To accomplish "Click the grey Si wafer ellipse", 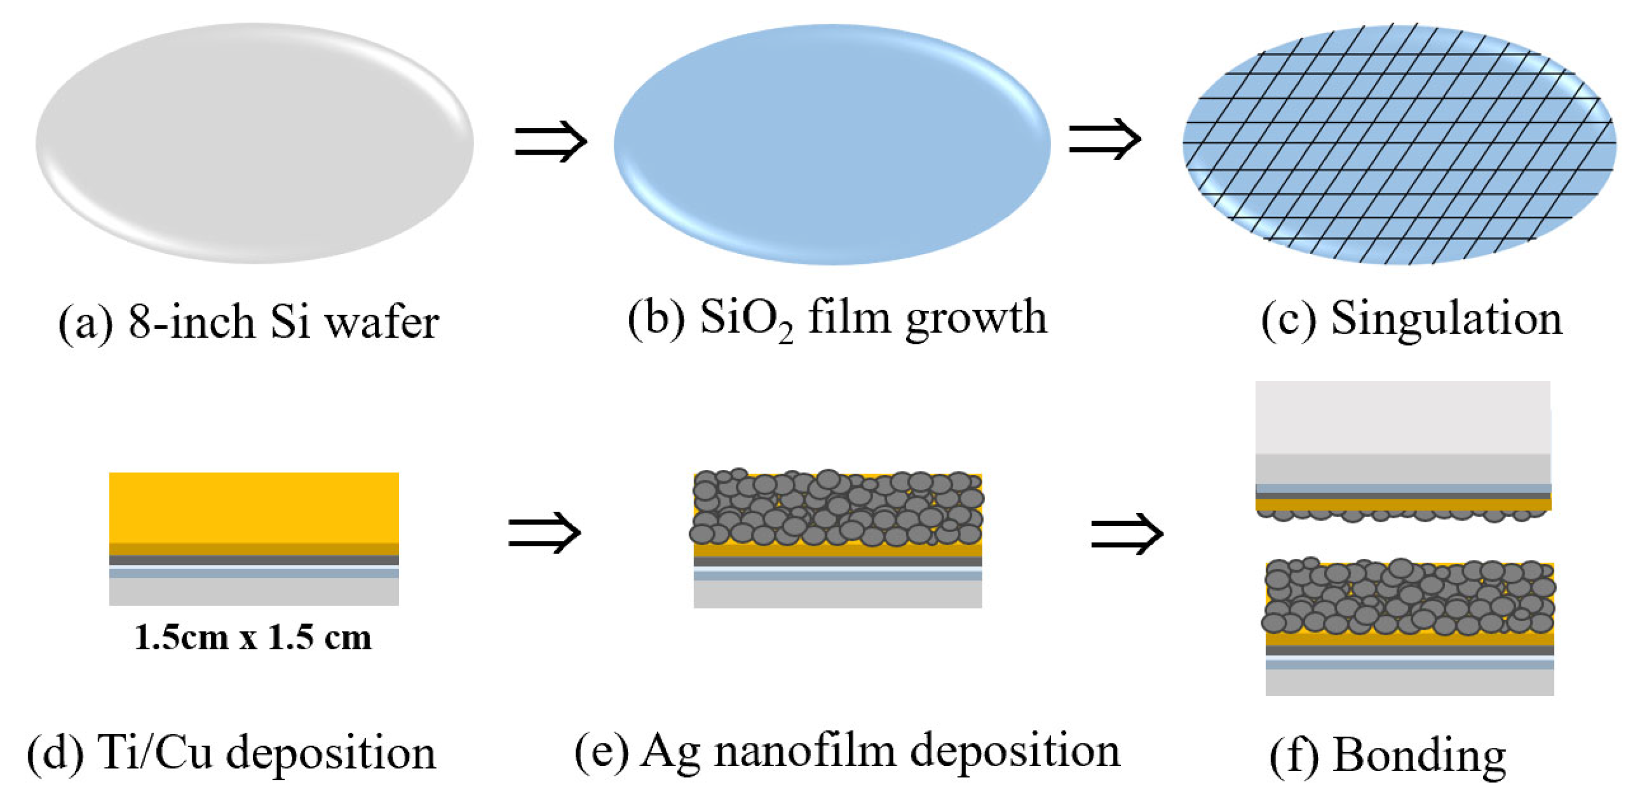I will click(254, 143).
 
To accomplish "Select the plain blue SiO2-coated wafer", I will click(831, 144).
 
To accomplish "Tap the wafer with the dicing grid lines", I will click(1399, 144).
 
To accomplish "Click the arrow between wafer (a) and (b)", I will click(550, 141).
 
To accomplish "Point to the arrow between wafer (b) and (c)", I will click(1104, 139).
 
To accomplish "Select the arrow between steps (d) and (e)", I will click(544, 533).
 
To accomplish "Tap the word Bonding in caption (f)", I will click(1419, 755).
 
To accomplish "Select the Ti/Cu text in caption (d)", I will click(155, 753).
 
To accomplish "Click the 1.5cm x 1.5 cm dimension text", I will click(253, 637).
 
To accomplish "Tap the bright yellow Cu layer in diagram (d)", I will click(254, 507).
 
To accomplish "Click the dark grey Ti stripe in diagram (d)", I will click(254, 560).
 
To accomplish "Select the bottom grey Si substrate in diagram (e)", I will click(837, 595).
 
